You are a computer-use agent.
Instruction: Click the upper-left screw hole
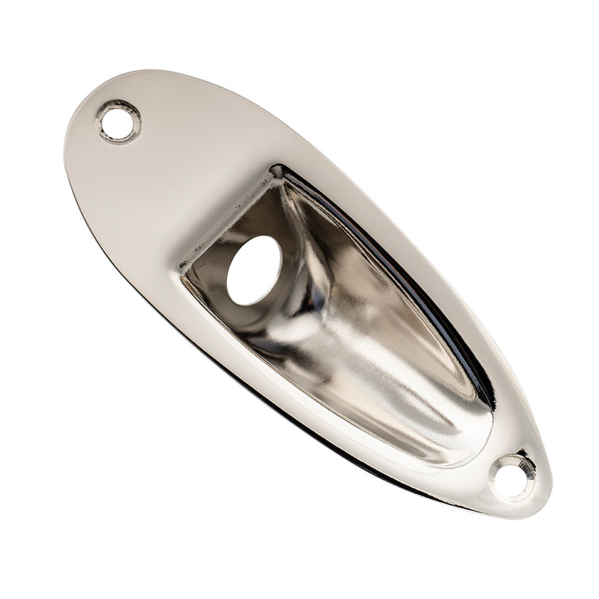[118, 122]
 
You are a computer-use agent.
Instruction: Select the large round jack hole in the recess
[253, 270]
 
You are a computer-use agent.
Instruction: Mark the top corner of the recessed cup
[276, 171]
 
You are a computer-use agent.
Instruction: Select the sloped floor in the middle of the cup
[359, 342]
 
